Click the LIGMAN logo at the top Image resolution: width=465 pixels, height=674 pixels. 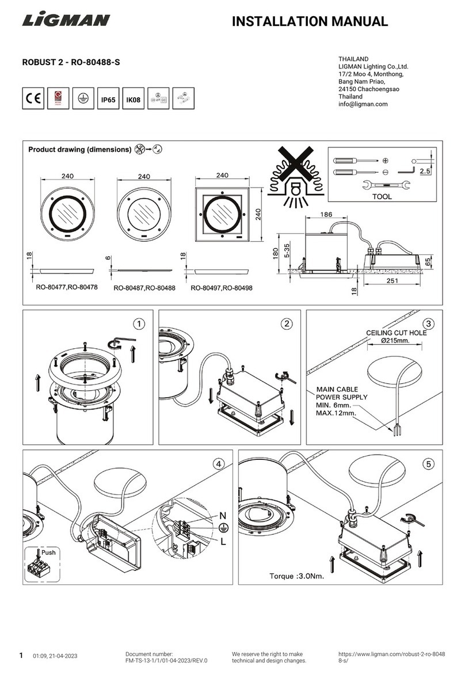tap(66, 21)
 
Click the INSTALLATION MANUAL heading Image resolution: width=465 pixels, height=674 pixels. tap(310, 22)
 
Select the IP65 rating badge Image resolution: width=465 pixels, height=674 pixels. tap(108, 99)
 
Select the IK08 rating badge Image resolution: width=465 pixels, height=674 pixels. tap(133, 99)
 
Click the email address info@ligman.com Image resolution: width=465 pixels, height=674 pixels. tap(363, 104)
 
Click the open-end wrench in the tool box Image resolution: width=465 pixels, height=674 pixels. tap(386, 185)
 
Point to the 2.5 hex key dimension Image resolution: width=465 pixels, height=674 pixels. tap(425, 172)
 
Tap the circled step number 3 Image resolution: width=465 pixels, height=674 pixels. tap(427, 323)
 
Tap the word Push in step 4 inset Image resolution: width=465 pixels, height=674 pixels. tap(49, 553)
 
